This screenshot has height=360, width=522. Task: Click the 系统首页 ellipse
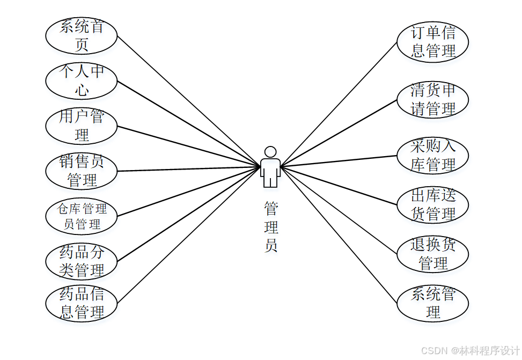coord(81,35)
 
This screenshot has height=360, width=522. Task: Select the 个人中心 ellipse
coord(81,81)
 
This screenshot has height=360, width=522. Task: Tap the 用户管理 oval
coord(81,126)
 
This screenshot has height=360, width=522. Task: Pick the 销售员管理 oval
coord(81,171)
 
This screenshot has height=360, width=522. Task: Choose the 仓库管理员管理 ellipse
coord(81,216)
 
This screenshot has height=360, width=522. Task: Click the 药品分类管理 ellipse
coord(81,261)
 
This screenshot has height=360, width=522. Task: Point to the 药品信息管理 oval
coord(81,303)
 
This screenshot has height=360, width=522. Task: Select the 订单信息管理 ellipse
coord(432,42)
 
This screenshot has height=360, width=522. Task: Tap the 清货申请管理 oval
coord(432,99)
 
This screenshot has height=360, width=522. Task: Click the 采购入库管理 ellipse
coord(432,155)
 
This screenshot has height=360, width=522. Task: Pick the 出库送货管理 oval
coord(432,204)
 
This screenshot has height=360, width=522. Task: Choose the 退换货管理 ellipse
coord(432,254)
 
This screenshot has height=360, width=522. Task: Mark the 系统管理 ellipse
coord(432,303)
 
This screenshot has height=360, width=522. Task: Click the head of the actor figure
coord(270,152)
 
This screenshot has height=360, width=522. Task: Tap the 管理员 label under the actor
coord(271,226)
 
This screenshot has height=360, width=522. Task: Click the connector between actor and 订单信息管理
coord(338,104)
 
